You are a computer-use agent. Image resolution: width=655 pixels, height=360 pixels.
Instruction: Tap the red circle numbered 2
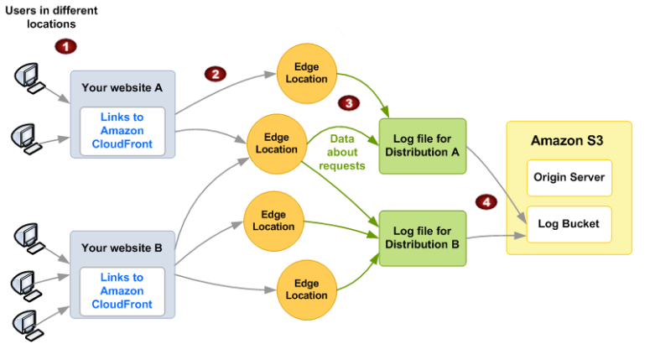click(x=216, y=74)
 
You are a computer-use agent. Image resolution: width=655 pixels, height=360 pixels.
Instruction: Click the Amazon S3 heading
click(x=568, y=140)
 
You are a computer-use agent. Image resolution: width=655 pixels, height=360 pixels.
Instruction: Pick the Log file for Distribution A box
click(x=422, y=146)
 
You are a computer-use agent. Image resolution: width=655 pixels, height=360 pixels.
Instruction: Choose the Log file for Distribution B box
click(x=422, y=237)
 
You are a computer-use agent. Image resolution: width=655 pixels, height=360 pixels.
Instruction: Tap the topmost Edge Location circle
click(x=306, y=72)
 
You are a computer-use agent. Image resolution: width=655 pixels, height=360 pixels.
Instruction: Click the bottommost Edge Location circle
click(x=307, y=290)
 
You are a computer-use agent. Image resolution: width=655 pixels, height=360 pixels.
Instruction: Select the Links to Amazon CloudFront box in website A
click(x=122, y=131)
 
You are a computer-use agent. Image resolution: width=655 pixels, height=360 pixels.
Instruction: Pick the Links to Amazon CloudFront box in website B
click(x=122, y=290)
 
